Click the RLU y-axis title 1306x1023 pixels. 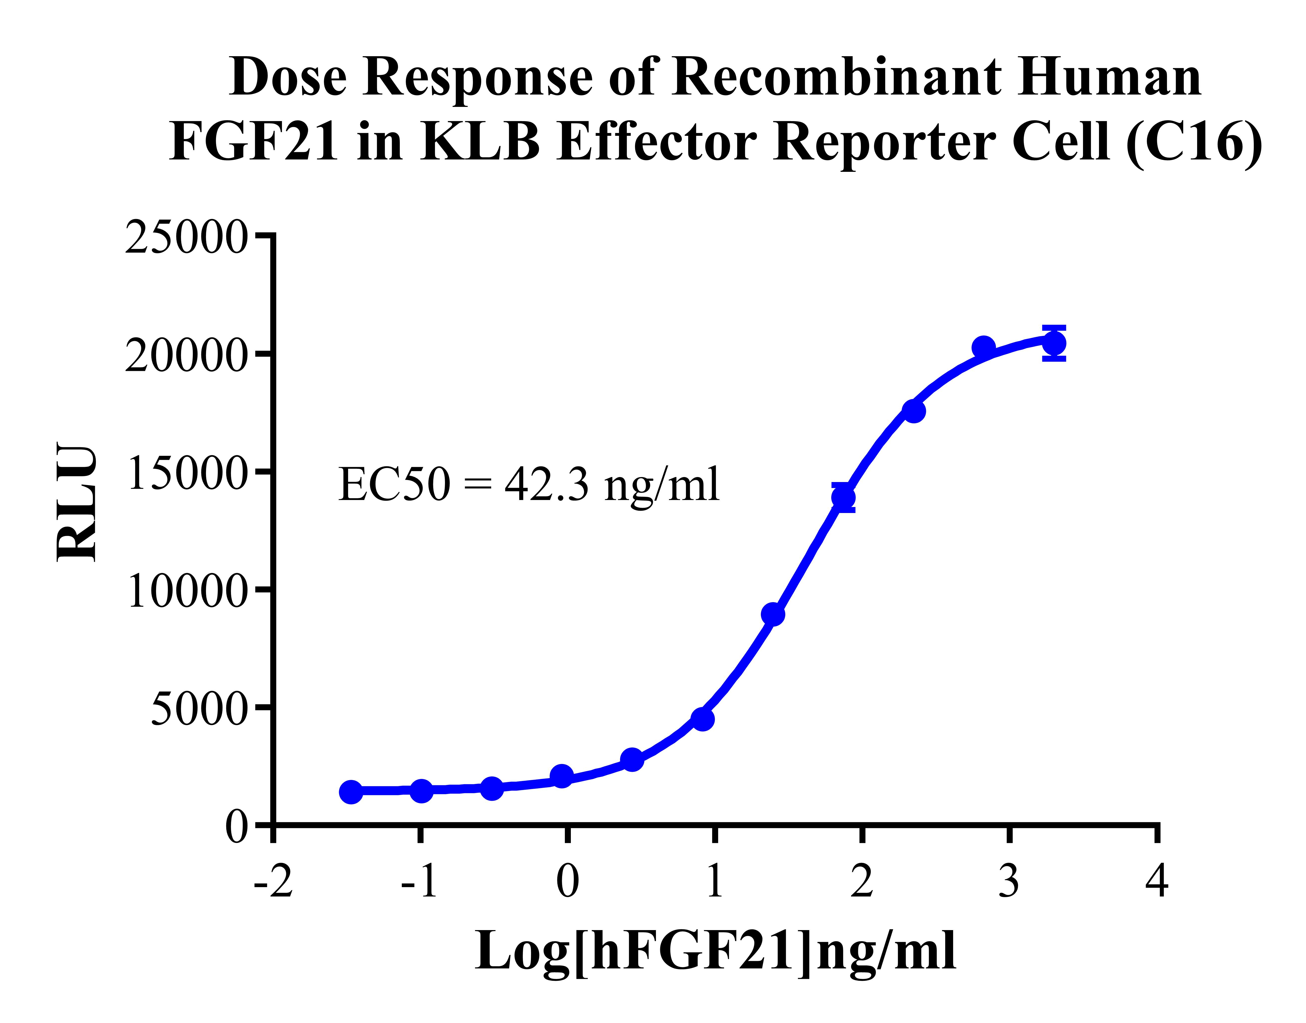click(x=77, y=502)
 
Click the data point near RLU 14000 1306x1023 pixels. click(x=843, y=497)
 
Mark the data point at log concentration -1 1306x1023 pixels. click(x=422, y=791)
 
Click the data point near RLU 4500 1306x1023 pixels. click(x=702, y=719)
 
